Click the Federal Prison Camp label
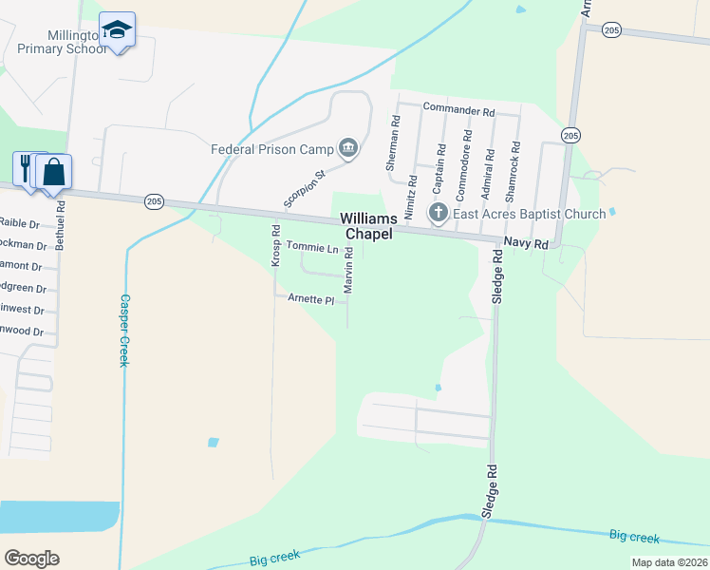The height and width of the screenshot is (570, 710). pyautogui.click(x=272, y=149)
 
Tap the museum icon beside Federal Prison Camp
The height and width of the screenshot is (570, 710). pyautogui.click(x=348, y=148)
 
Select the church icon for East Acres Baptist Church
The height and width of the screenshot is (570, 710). pyautogui.click(x=439, y=213)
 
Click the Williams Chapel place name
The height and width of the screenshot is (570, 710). pyautogui.click(x=368, y=226)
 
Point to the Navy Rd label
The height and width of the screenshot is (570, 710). pyautogui.click(x=527, y=244)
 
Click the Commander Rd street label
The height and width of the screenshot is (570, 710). pyautogui.click(x=459, y=111)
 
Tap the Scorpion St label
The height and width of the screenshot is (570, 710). pyautogui.click(x=305, y=189)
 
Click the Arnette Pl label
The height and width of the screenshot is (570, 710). pyautogui.click(x=311, y=299)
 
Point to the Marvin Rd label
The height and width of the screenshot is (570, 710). pyautogui.click(x=349, y=270)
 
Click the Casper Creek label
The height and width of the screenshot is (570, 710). pyautogui.click(x=123, y=330)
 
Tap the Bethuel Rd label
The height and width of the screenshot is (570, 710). pyautogui.click(x=61, y=224)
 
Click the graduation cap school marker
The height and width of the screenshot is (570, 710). pyautogui.click(x=117, y=31)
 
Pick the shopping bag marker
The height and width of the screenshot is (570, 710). pyautogui.click(x=53, y=172)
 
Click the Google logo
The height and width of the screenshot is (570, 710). pyautogui.click(x=31, y=558)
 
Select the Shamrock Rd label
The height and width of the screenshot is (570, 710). pyautogui.click(x=514, y=169)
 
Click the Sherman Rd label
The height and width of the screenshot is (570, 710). pyautogui.click(x=394, y=142)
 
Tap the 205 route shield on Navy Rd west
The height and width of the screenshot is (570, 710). pyautogui.click(x=155, y=201)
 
